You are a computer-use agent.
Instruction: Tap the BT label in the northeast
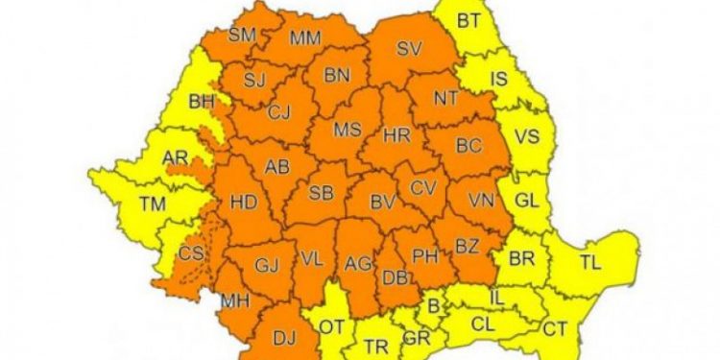pyautogui.click(x=468, y=19)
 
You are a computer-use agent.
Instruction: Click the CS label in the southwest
pyautogui.click(x=192, y=254)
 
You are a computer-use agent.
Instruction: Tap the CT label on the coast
pyautogui.click(x=555, y=329)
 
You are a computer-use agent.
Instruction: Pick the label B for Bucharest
pyautogui.click(x=433, y=306)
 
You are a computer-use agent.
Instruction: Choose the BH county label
pyautogui.click(x=202, y=99)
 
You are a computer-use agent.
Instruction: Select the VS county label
pyautogui.click(x=526, y=136)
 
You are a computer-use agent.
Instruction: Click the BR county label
pyautogui.click(x=521, y=259)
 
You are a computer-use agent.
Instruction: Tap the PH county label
pyautogui.click(x=424, y=255)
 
